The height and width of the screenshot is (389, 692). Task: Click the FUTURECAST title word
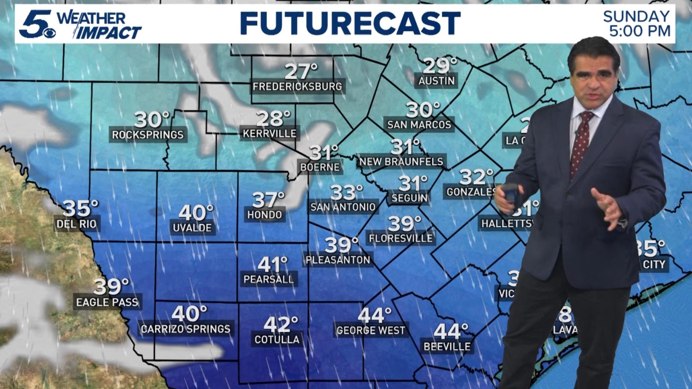(350, 23)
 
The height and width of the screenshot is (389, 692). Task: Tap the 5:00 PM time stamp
(640, 31)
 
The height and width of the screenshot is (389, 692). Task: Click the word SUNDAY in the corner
(636, 16)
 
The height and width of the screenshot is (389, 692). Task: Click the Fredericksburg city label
(297, 86)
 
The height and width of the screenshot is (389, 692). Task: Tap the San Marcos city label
(419, 125)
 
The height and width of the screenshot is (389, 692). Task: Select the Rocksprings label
(148, 135)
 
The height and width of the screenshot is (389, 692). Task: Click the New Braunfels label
(401, 162)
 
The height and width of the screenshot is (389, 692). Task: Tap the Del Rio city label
(77, 224)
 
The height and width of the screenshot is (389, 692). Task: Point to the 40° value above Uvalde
(196, 213)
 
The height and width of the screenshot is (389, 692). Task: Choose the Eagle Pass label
(107, 302)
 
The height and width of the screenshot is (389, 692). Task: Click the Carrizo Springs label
(185, 329)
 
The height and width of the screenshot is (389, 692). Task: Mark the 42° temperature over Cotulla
(280, 324)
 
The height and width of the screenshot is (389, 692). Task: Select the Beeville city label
(447, 346)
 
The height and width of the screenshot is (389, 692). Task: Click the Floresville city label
(401, 238)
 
